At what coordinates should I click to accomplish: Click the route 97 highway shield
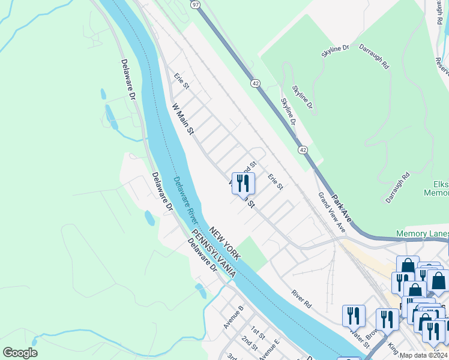point(196,4)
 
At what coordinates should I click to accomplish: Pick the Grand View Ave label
point(332,213)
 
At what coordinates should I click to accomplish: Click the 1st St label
point(258,331)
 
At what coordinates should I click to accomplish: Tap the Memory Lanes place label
point(422,233)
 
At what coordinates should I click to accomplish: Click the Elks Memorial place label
point(436,189)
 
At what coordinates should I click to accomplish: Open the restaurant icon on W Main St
point(243,184)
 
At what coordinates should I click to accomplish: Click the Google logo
point(20,353)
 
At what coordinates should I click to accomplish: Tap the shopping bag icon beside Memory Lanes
point(408,266)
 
